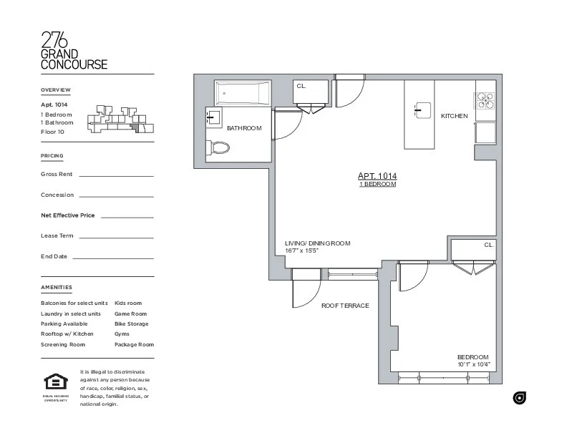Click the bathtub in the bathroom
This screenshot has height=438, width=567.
pos(243,93)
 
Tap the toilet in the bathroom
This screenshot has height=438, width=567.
pos(220,148)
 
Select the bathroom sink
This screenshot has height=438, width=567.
pos(213,119)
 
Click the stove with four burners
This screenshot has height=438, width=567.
pos(485,101)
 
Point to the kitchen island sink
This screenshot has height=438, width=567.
pos(420,109)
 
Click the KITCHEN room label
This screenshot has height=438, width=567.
pos(454,116)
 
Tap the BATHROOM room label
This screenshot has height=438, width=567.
pos(244,128)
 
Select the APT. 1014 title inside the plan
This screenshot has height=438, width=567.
pos(377,176)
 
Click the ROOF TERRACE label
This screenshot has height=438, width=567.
pos(345,306)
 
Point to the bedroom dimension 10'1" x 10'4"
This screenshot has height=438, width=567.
pos(474,365)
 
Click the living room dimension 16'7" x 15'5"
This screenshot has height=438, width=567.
pos(301,251)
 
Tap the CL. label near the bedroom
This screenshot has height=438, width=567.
pos(489,245)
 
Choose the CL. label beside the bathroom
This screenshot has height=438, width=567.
pos(301,86)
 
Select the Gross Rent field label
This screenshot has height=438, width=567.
pos(57,174)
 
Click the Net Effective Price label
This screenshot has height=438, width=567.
pos(68,215)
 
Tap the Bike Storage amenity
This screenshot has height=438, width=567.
pos(131,323)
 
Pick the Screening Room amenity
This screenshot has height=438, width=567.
pos(63,344)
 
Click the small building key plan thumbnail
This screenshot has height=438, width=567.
pos(119,120)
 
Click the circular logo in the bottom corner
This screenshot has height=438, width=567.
pos(520,398)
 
